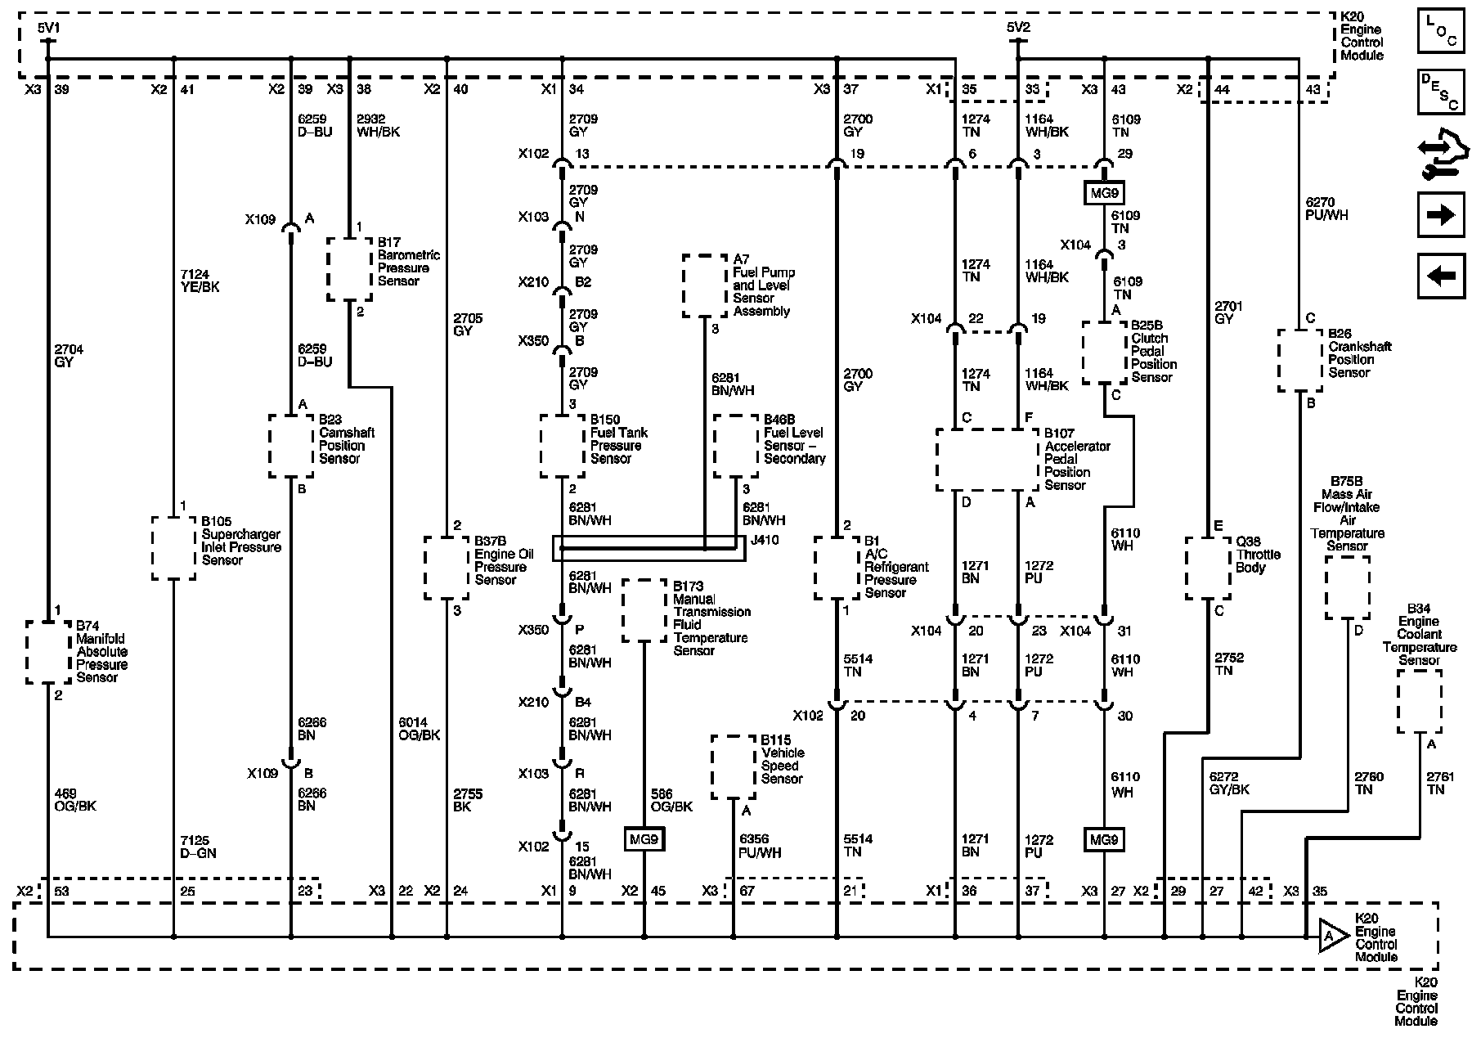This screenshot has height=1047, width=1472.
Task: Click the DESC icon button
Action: click(x=1440, y=92)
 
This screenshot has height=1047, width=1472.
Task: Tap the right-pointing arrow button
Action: click(x=1440, y=215)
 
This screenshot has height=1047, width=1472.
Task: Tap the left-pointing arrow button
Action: click(x=1440, y=276)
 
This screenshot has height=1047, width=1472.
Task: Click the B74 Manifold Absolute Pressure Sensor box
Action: click(x=48, y=651)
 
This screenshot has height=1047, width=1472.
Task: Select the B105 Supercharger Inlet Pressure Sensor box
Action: click(x=173, y=547)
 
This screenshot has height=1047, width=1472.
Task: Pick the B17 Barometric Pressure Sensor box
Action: click(x=350, y=269)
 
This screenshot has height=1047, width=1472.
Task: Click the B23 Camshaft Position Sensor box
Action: click(x=291, y=446)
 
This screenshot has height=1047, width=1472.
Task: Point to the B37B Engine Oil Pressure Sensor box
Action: click(x=447, y=568)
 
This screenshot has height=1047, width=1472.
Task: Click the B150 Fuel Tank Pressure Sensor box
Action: click(x=563, y=446)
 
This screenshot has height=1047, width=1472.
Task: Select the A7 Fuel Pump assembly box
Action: click(x=705, y=285)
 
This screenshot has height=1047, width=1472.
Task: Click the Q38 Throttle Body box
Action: click(x=1208, y=568)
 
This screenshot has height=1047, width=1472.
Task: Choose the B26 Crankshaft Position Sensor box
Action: click(x=1299, y=360)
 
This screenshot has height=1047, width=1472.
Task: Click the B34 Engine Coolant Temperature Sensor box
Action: click(x=1419, y=701)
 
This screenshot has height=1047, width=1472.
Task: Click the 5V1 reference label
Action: click(x=48, y=28)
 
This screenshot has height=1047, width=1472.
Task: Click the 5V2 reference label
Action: click(x=1018, y=28)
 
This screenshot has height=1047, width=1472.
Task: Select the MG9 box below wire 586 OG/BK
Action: click(x=644, y=839)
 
